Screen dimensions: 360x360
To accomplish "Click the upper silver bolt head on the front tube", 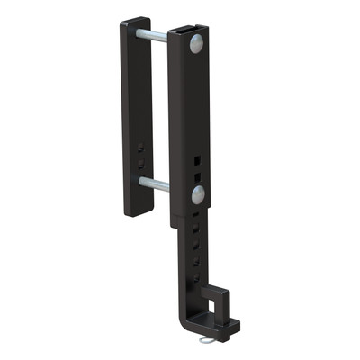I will (197, 45).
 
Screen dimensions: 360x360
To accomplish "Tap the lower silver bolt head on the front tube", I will (197, 193).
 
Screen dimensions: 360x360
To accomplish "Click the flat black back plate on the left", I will (136, 117).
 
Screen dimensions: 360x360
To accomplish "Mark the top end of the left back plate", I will (136, 21).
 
